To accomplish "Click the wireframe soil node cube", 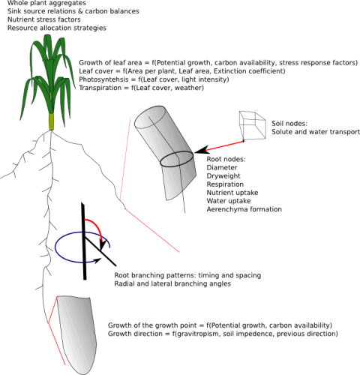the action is pyautogui.click(x=253, y=125).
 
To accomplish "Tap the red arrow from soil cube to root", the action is pyautogui.click(x=219, y=148).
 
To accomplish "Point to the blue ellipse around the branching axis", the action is pyautogui.click(x=55, y=247).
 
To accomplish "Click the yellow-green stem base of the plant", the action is pyautogui.click(x=52, y=121).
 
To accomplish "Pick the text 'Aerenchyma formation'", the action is pyautogui.click(x=244, y=209).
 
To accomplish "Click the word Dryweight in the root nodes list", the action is pyautogui.click(x=223, y=176).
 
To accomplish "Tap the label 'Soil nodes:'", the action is pyautogui.click(x=289, y=124).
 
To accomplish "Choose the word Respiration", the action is pyautogui.click(x=225, y=184).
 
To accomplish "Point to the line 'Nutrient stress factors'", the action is pyautogui.click(x=44, y=19).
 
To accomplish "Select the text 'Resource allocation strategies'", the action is pyautogui.click(x=57, y=28).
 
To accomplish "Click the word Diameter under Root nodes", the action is pyautogui.click(x=222, y=167).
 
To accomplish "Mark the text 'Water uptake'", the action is pyautogui.click(x=229, y=201).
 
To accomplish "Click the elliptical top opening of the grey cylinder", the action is pyautogui.click(x=150, y=117).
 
